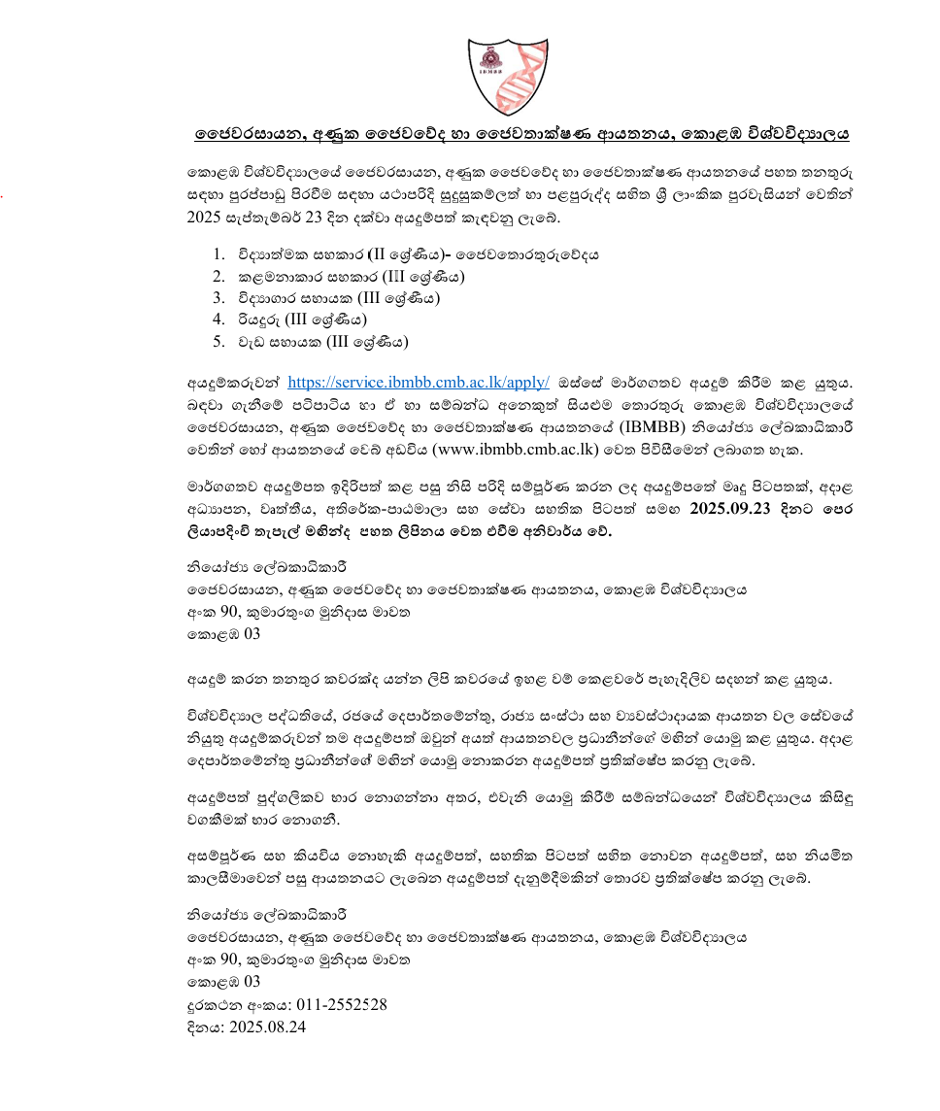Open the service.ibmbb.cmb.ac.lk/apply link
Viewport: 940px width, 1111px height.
[419, 383]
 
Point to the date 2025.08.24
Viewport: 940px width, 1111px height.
[267, 1026]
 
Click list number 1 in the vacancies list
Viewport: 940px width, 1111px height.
[218, 255]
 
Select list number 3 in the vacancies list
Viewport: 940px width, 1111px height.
[218, 298]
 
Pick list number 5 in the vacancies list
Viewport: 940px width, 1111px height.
[218, 341]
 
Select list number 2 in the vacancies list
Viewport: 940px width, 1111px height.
[218, 277]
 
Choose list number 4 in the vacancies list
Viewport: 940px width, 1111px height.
[218, 320]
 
